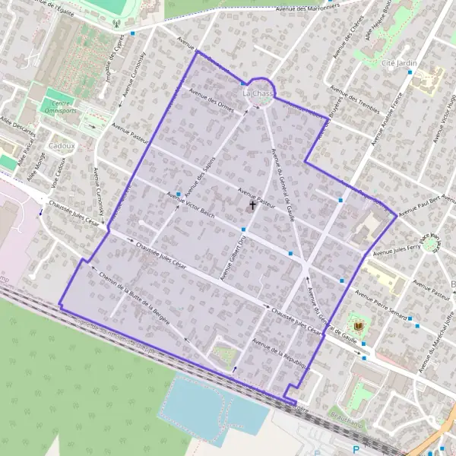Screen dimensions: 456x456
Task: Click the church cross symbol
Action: (252, 205)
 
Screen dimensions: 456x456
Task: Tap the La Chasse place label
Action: (257, 93)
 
